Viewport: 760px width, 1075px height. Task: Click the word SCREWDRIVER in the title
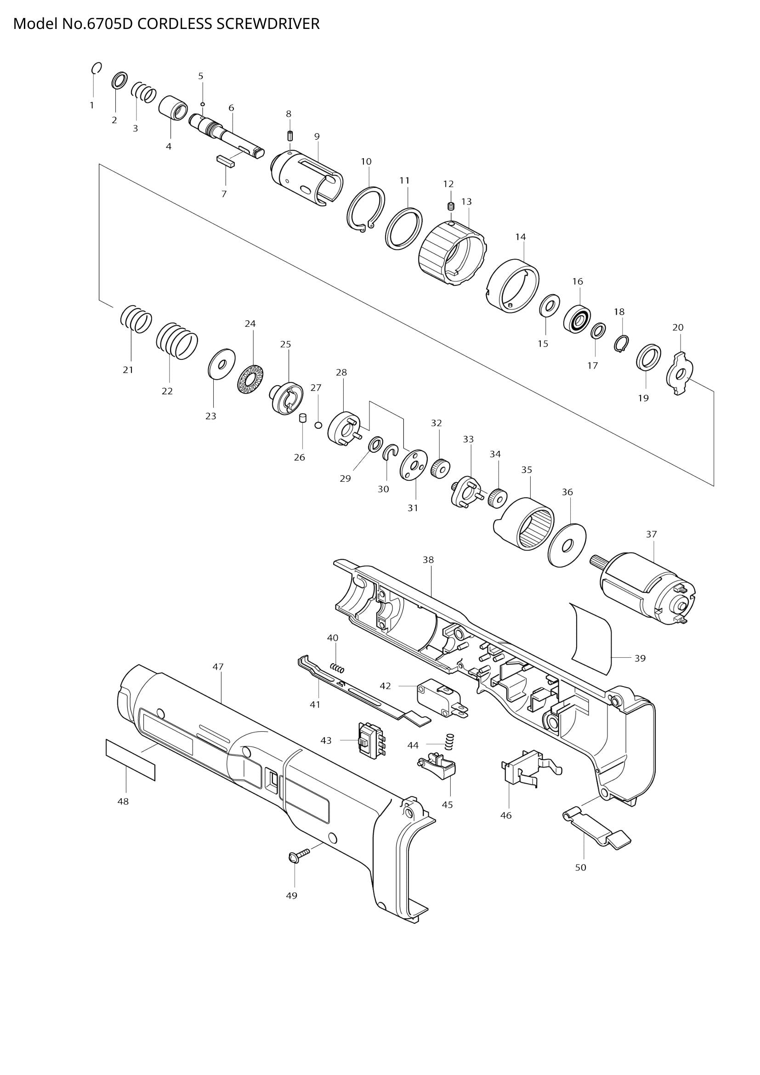(268, 24)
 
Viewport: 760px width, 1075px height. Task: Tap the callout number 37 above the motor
(652, 534)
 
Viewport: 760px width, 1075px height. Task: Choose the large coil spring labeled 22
(177, 341)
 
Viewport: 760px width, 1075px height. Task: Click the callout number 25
(285, 344)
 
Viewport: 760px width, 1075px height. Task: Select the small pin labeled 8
(289, 136)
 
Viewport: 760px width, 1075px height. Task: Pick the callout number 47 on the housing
(218, 666)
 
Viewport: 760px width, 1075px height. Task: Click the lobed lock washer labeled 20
(680, 374)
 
